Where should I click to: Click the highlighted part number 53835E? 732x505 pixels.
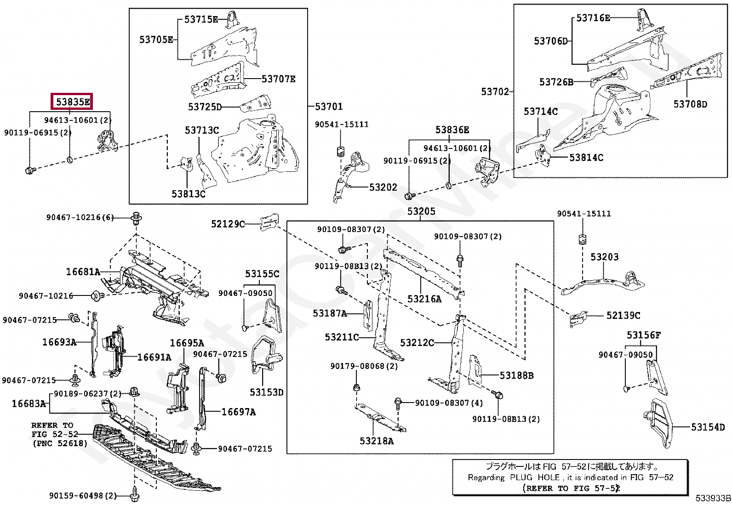pos(73,102)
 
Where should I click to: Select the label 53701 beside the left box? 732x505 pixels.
pos(329,107)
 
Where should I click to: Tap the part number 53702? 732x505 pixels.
pos(495,91)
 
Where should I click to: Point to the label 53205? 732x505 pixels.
pos(421,211)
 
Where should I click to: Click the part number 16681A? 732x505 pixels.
pos(83,272)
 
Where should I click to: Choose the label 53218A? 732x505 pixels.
pos(377,441)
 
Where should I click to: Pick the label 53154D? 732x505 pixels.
pos(708,427)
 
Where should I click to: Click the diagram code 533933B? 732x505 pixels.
pos(713,498)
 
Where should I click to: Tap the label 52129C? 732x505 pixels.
pos(228,224)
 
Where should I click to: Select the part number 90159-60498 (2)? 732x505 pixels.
pos(83,496)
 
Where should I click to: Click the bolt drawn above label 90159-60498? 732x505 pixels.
pos(134,495)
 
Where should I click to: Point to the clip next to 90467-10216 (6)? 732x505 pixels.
pos(137,218)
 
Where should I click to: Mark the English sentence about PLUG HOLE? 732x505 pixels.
pos(571,477)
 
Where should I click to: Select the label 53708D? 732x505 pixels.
pos(690,104)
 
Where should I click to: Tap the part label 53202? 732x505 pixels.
pos(383,187)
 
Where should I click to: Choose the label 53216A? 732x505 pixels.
pos(424,299)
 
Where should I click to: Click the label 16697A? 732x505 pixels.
pos(239,412)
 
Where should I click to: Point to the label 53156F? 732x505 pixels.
pos(643,335)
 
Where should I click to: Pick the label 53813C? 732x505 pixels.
pos(189,194)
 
